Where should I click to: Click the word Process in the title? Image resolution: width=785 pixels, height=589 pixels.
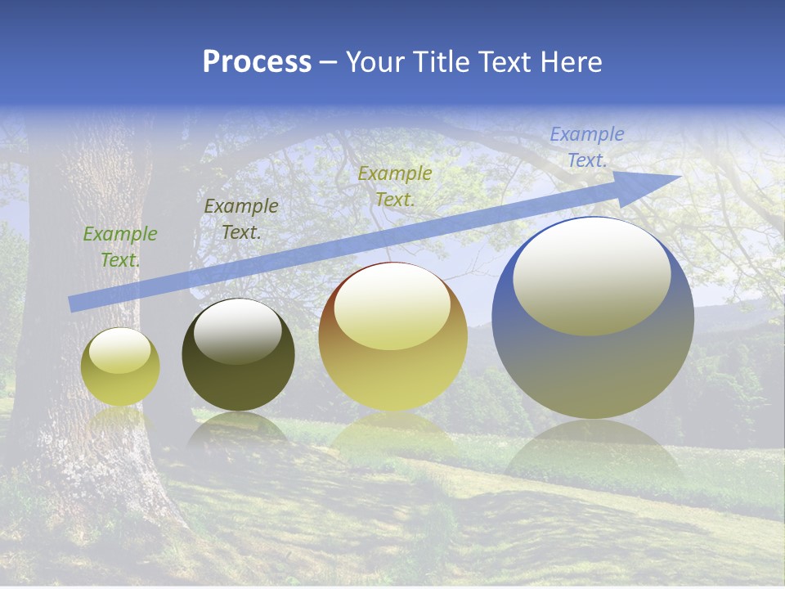[257, 62]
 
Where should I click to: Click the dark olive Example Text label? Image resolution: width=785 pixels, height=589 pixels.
[240, 219]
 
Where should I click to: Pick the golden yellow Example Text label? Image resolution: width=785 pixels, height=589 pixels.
[394, 186]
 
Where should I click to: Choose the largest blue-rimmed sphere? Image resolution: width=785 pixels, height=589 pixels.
[593, 360]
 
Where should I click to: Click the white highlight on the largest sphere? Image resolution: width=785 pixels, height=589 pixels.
[591, 275]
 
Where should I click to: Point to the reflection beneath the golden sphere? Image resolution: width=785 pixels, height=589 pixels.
[392, 434]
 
